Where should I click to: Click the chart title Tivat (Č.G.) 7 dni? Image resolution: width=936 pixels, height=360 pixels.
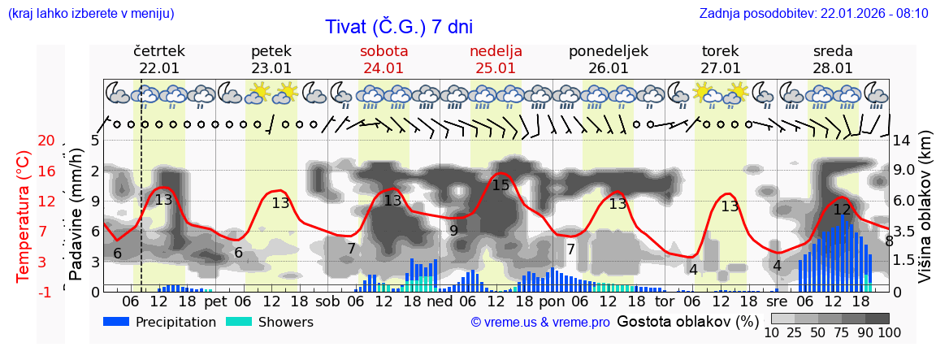(x=398, y=27)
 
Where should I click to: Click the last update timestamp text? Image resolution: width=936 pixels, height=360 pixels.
(x=813, y=13)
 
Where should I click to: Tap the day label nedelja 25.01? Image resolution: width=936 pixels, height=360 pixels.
(x=496, y=59)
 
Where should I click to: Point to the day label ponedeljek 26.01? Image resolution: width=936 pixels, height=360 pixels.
(x=609, y=59)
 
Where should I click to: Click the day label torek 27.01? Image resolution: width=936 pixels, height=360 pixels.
(x=721, y=59)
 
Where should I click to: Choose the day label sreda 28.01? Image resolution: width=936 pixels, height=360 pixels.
(x=833, y=59)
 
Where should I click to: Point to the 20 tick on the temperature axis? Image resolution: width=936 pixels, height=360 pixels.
(x=46, y=141)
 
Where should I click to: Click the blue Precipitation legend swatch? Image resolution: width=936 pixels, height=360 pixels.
(x=117, y=322)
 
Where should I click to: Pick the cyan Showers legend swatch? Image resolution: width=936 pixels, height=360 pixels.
(x=239, y=322)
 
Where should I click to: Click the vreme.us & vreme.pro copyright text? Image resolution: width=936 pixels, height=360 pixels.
(x=540, y=322)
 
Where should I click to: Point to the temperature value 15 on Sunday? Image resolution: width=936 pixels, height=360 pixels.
(x=500, y=185)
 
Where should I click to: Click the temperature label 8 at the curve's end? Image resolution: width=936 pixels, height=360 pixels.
(x=889, y=241)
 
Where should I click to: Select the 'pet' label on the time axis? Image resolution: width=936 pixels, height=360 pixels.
(x=215, y=301)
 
